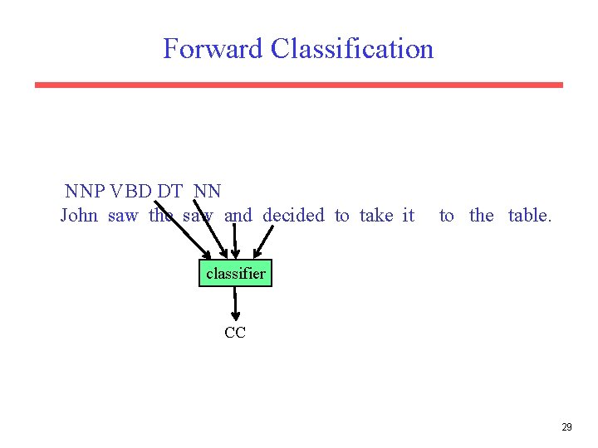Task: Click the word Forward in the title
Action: pos(213,49)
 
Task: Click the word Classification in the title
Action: pos(352,49)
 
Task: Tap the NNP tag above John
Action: pos(85,192)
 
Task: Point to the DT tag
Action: pos(170,192)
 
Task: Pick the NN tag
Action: pos(208,192)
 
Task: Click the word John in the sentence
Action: pos(79,216)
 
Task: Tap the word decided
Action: pos(293,216)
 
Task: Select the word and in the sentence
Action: pos(238,216)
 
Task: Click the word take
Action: pos(376,216)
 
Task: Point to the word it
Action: pos(408,216)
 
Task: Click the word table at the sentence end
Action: pos(529,216)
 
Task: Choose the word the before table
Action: pos(482,216)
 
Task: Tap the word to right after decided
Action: pos(342,216)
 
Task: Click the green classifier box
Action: pos(235,273)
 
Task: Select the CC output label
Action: pos(235,334)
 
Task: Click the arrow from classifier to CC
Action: pos(235,304)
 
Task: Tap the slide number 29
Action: pos(566,427)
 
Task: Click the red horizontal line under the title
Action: pos(299,85)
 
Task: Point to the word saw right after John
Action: pos(123,216)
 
